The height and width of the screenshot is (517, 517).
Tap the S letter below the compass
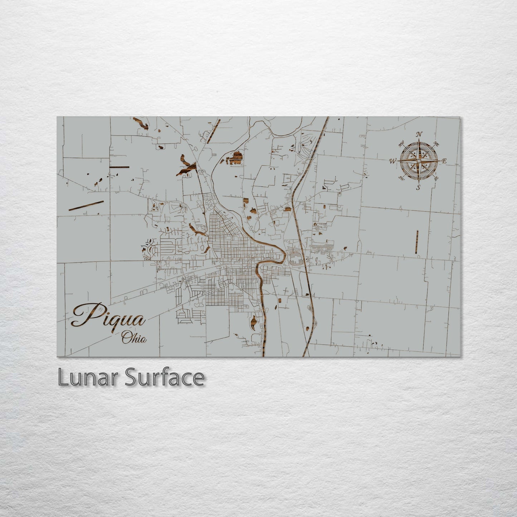[418, 187]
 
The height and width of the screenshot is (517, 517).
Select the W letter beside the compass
[392, 161]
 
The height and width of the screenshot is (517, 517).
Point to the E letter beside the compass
[444, 161]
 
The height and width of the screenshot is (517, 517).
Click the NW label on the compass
[401, 144]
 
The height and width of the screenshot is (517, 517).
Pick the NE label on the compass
[436, 144]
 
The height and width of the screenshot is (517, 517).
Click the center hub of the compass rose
[418, 161]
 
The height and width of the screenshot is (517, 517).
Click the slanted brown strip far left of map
[86, 205]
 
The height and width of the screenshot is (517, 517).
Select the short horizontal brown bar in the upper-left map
[119, 167]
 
